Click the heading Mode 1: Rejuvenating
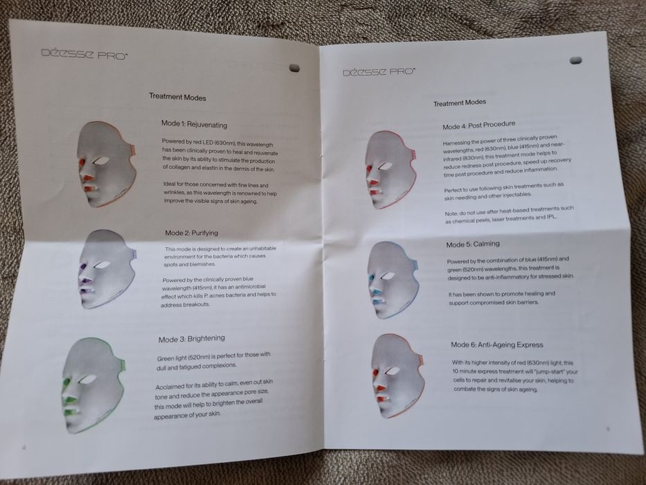[194, 123]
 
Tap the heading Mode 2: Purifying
[192, 232]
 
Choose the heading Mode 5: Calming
[473, 245]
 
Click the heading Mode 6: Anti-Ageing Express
[496, 344]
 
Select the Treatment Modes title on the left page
[177, 98]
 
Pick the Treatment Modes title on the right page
[460, 103]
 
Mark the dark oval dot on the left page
[294, 68]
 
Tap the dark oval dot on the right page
[575, 60]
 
